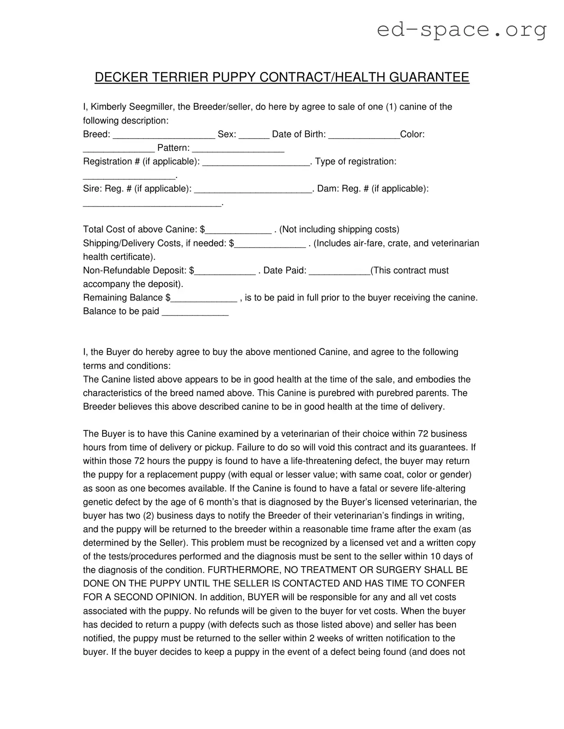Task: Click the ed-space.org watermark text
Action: pos(461,30)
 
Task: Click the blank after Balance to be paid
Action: pos(195,312)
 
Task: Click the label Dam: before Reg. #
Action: pos(327,189)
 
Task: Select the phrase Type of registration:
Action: pos(355,162)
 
